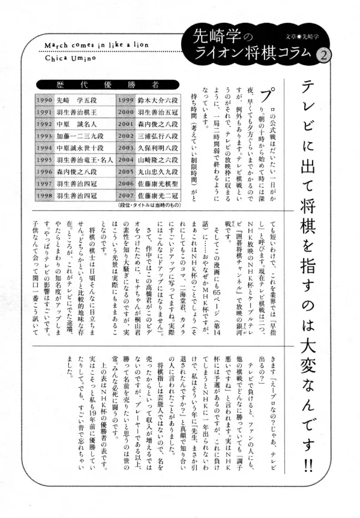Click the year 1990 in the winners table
(x=45, y=100)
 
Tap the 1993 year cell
(x=45, y=137)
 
